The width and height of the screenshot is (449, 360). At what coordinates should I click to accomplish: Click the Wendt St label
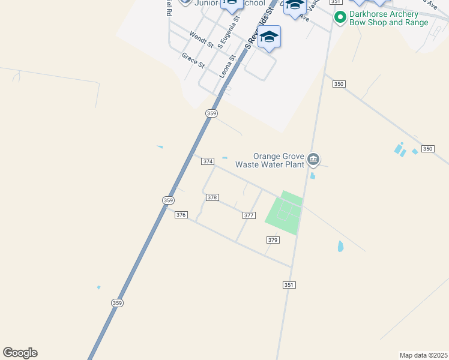[x=202, y=40]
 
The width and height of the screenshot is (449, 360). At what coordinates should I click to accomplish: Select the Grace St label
[x=193, y=59]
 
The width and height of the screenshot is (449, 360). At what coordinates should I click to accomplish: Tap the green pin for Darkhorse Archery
[x=340, y=18]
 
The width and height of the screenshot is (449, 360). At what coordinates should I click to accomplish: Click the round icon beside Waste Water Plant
[x=313, y=160]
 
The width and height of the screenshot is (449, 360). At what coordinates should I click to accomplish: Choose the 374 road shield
[x=208, y=161]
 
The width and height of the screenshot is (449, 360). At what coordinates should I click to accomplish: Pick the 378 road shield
[x=212, y=197]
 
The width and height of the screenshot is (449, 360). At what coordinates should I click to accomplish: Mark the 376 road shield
[x=181, y=215]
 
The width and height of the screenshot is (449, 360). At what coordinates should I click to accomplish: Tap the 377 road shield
[x=249, y=215]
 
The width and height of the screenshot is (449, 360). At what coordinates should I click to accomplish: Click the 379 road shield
[x=273, y=239]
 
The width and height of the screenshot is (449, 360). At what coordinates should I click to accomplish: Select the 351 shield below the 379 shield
[x=289, y=285]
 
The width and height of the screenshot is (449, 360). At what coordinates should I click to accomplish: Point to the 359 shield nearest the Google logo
[x=117, y=303]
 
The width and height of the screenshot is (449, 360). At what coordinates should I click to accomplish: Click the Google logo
[x=20, y=353]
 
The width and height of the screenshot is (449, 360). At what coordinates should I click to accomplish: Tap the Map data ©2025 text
[x=423, y=355]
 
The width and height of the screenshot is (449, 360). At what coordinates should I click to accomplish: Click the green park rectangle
[x=283, y=213]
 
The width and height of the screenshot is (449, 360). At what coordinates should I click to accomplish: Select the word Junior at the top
[x=207, y=3]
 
